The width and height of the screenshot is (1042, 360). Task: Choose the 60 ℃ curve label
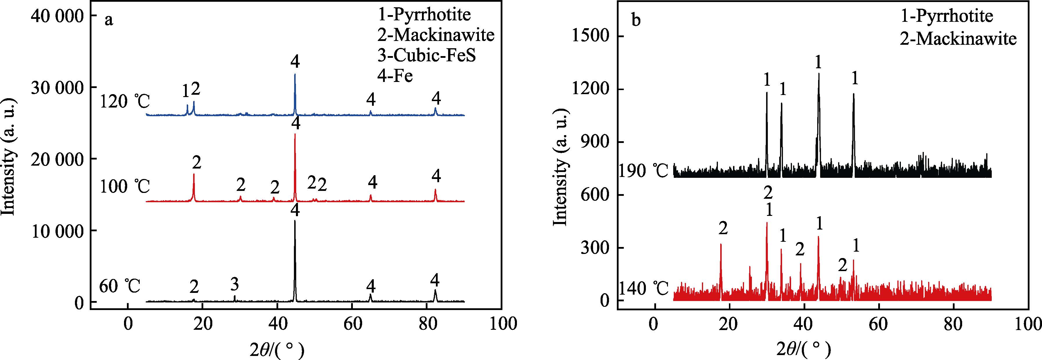[120, 286]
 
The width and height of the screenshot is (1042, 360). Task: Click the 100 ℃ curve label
[125, 187]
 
